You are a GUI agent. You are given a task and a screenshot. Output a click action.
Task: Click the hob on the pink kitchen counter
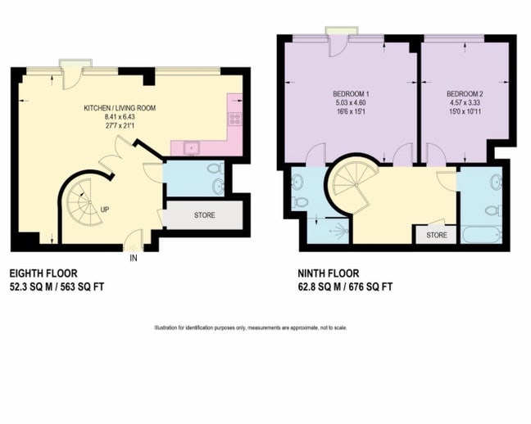pyautogui.click(x=233, y=122)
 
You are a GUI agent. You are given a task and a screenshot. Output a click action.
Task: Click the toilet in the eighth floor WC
pyautogui.click(x=216, y=169)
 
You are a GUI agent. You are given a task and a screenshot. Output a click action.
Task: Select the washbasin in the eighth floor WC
pyautogui.click(x=216, y=187)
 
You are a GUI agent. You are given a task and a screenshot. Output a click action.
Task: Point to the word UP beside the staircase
pyautogui.click(x=105, y=210)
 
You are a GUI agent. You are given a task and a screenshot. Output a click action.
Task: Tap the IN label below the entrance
pyautogui.click(x=133, y=259)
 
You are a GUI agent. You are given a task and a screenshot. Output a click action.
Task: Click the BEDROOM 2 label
pyautogui.click(x=463, y=92)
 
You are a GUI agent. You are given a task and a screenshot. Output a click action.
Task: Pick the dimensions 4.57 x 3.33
pyautogui.click(x=463, y=101)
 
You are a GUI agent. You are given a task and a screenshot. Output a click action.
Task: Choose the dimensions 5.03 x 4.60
pyautogui.click(x=350, y=101)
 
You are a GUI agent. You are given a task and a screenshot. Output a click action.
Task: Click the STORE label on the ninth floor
pyautogui.click(x=437, y=235)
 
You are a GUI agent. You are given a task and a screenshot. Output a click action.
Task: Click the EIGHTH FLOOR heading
pyautogui.click(x=41, y=273)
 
